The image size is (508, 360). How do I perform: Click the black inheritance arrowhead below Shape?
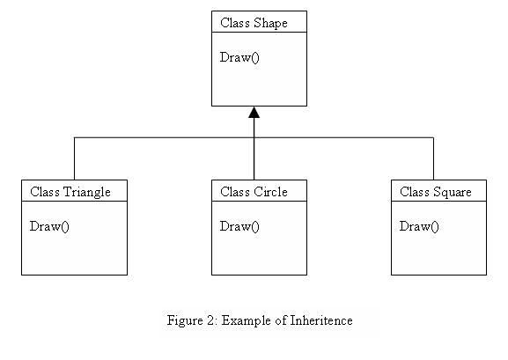click(254, 113)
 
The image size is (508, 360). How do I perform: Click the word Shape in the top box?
click(270, 24)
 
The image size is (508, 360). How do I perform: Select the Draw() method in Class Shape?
click(239, 58)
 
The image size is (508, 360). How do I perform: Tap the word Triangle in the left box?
click(86, 192)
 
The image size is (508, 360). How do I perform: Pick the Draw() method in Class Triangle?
click(49, 226)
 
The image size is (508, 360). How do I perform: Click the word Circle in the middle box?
click(270, 192)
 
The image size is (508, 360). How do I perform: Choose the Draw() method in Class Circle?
click(239, 226)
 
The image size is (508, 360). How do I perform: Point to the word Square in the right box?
click(453, 193)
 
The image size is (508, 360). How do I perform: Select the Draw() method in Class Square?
click(419, 226)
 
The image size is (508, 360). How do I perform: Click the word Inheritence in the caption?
click(321, 320)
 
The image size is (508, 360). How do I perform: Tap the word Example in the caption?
click(247, 321)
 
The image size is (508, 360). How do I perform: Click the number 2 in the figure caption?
click(210, 320)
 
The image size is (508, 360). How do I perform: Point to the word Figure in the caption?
click(185, 321)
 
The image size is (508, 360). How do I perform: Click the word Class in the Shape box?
click(235, 23)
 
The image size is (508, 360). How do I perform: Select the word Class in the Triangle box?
click(45, 192)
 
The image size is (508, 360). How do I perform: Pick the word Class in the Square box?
click(415, 192)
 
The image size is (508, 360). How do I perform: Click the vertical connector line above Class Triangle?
click(75, 158)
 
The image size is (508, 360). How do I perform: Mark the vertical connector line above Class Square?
click(433, 158)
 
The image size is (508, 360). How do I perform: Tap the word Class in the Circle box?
click(235, 192)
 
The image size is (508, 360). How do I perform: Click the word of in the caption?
click(281, 320)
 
